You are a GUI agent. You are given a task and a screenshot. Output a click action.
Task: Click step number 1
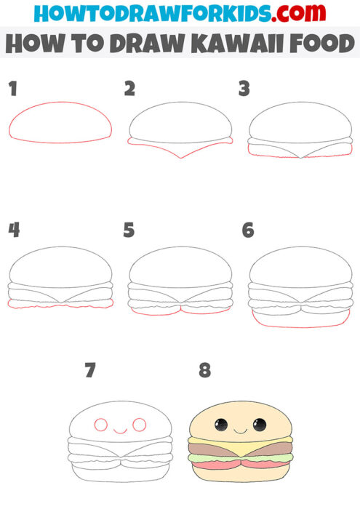[12, 89]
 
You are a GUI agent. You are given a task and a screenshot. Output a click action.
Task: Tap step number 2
[130, 89]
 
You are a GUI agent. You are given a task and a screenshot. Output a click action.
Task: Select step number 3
[244, 89]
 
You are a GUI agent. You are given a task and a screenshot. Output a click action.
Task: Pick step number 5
[129, 231]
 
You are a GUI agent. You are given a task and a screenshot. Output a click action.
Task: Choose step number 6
[248, 231]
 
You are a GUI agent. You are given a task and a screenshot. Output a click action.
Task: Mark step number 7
[90, 370]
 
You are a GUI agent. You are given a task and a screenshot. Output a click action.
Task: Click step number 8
[205, 370]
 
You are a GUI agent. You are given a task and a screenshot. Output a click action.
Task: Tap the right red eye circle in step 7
[140, 424]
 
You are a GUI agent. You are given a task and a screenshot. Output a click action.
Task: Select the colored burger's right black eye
[259, 424]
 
